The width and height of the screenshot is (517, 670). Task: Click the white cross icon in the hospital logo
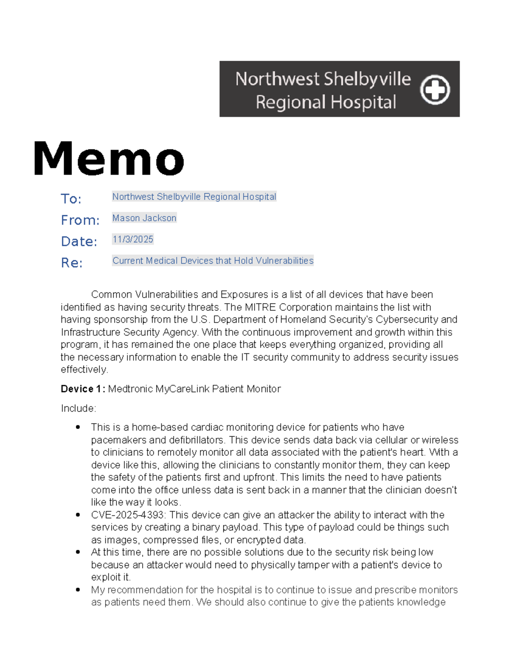pyautogui.click(x=435, y=90)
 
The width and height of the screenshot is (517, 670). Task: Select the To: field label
pyautogui.click(x=71, y=199)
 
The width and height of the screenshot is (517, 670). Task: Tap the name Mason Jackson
pyautogui.click(x=144, y=218)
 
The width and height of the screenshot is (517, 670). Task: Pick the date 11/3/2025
pyautogui.click(x=133, y=239)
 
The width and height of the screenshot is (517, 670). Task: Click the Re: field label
pyautogui.click(x=72, y=263)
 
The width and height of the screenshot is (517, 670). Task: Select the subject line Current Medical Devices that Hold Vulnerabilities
pyautogui.click(x=213, y=261)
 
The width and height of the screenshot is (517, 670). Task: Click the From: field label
pyautogui.click(x=80, y=220)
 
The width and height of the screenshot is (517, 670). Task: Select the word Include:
pyautogui.click(x=78, y=408)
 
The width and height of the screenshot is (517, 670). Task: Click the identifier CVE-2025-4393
pyautogui.click(x=128, y=515)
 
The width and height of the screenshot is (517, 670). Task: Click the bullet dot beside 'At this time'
pyautogui.click(x=78, y=552)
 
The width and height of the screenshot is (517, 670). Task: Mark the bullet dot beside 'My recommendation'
pyautogui.click(x=78, y=590)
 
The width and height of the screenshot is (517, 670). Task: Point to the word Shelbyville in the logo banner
pyautogui.click(x=367, y=79)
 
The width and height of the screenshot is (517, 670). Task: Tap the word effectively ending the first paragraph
pyautogui.click(x=84, y=370)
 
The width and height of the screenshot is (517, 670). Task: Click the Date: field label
pyautogui.click(x=79, y=242)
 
